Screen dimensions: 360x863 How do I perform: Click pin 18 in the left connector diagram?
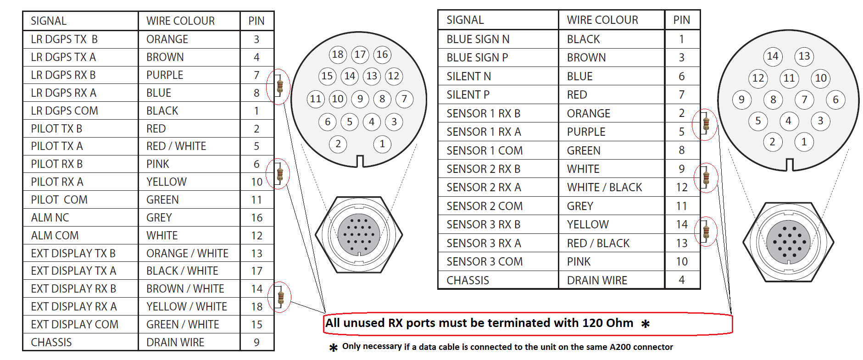[338, 55]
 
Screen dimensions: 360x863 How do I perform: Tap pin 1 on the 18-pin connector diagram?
[382, 144]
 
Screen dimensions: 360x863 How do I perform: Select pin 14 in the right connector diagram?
[773, 56]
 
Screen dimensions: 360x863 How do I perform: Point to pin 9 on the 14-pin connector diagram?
[741, 100]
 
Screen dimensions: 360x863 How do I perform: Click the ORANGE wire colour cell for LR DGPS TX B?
[167, 39]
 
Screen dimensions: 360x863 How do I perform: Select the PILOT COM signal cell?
[59, 200]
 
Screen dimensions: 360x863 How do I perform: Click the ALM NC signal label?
[50, 218]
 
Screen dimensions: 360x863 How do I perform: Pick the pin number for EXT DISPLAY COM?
[257, 325]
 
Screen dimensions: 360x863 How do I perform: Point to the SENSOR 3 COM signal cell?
[484, 262]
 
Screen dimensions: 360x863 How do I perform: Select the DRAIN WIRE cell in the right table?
[597, 281]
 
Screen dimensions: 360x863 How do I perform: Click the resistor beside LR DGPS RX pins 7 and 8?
[280, 86]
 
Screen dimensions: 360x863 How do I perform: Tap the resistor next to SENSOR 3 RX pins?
[706, 231]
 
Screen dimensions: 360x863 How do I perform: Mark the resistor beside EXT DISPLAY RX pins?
[281, 297]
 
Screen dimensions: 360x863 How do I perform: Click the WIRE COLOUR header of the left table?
[180, 21]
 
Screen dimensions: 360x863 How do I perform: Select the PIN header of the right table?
[682, 20]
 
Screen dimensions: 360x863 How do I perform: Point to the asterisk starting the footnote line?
[334, 348]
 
